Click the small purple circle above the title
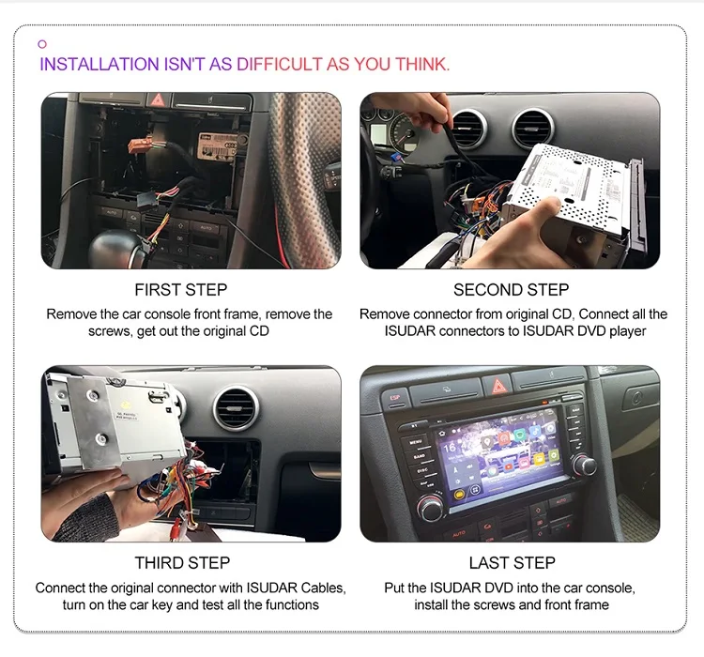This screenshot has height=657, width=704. pyautogui.click(x=42, y=44)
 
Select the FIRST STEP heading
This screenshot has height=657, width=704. pyautogui.click(x=181, y=290)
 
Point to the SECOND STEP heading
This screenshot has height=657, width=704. pyautogui.click(x=511, y=290)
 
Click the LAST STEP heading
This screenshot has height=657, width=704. pyautogui.click(x=512, y=563)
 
